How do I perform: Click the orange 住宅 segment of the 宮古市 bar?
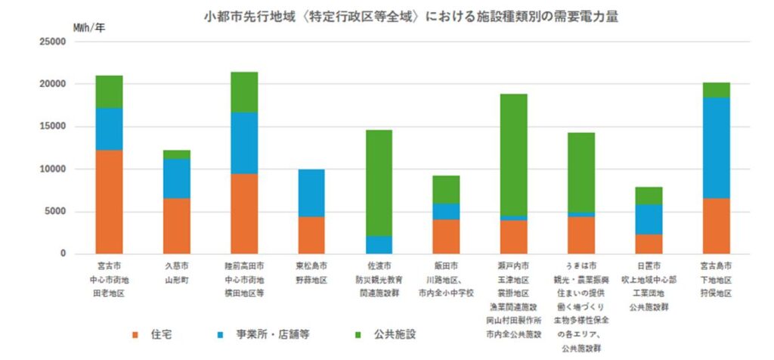pos(109,202)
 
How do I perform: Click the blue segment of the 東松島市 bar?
pos(311,193)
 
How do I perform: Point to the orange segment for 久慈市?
pos(176,226)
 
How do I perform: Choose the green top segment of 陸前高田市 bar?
pos(244,92)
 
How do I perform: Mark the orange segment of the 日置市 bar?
pos(649,244)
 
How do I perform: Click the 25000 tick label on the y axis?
pos(53,42)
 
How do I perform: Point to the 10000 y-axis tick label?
pos(53,169)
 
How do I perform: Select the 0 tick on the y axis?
pos(63,254)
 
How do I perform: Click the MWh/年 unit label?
pos(89,27)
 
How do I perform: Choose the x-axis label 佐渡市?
pos(379,267)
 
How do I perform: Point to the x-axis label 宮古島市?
pos(717,267)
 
